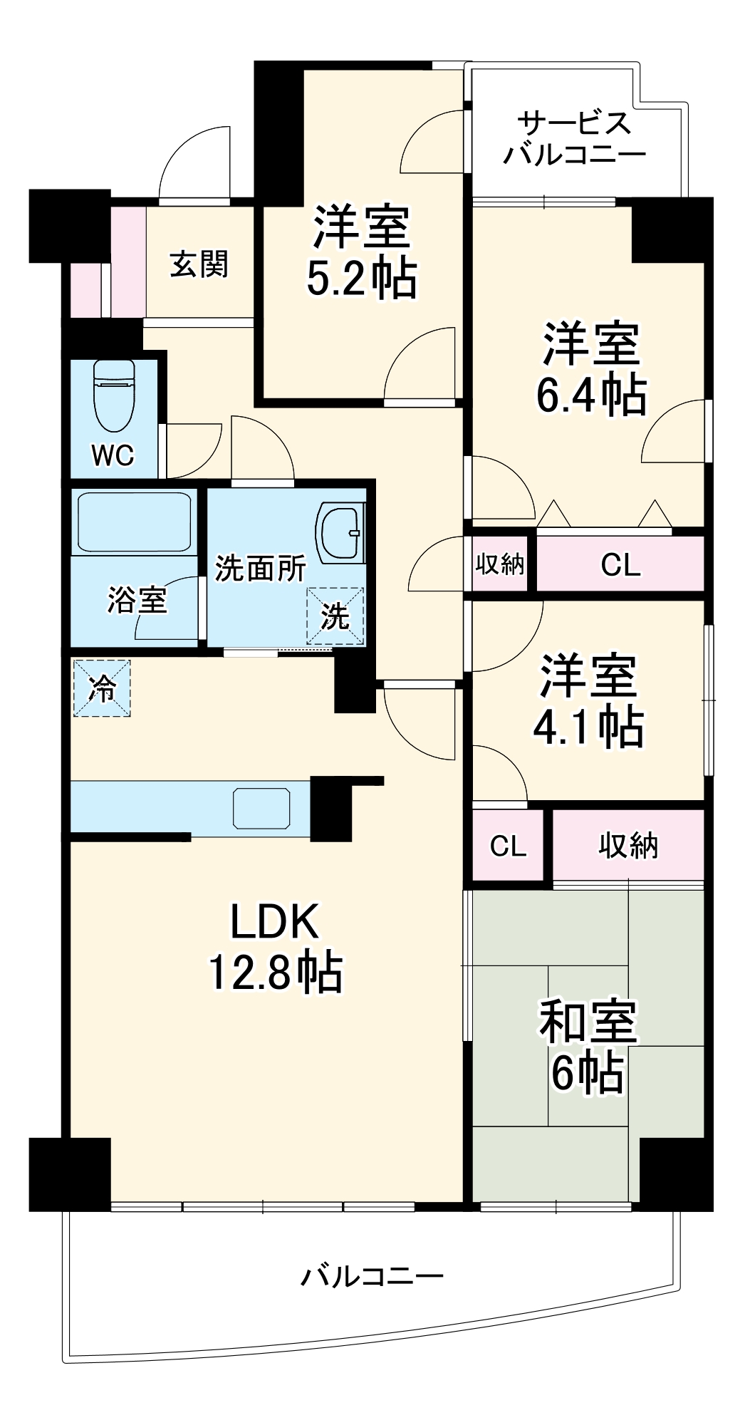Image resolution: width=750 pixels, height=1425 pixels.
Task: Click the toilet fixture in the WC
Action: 114,395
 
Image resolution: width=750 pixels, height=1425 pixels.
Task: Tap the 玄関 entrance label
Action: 199,264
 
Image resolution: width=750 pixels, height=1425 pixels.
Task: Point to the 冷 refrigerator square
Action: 101,688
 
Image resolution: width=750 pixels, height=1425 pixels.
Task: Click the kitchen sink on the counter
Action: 262,808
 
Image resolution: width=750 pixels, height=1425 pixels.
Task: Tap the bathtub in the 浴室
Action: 133,522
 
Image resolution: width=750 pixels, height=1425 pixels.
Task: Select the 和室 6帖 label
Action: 587,1046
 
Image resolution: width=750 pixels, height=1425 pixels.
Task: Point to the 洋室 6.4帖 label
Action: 590,368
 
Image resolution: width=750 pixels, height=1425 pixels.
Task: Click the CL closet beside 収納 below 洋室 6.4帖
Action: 620,564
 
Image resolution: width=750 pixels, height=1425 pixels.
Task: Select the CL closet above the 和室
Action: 508,846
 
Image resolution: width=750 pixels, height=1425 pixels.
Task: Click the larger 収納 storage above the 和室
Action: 627,846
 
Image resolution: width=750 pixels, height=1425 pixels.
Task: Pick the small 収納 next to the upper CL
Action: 499,564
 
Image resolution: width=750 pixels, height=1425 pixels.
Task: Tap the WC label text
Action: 113,455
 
